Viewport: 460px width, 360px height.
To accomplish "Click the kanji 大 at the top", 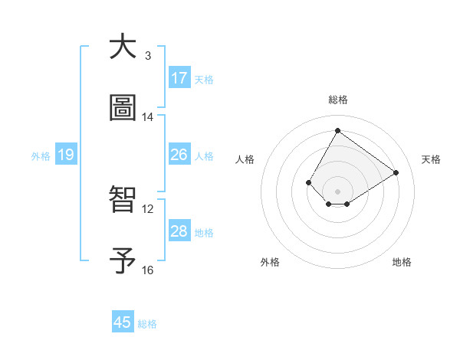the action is click(x=123, y=47).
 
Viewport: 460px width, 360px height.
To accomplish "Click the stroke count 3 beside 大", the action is click(x=148, y=56).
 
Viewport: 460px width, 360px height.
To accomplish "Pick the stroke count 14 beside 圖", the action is click(x=148, y=117).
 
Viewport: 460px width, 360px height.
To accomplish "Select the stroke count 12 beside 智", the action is click(x=148, y=208).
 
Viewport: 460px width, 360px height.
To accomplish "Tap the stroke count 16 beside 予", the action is click(x=148, y=270).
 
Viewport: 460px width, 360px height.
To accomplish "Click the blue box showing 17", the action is click(x=179, y=78).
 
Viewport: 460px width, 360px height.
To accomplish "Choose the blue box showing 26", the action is click(x=179, y=155).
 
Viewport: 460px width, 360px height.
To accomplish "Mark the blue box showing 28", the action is click(x=179, y=231).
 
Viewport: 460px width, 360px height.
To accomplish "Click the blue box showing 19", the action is click(x=65, y=155).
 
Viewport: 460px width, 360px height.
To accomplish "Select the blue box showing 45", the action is click(x=123, y=322).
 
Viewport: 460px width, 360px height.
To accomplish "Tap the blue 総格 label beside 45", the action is click(x=147, y=324).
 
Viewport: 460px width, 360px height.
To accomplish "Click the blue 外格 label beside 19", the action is click(x=41, y=155).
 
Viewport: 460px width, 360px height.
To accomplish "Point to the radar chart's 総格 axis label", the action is click(x=337, y=100).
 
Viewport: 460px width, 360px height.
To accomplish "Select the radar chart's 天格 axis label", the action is click(x=431, y=159).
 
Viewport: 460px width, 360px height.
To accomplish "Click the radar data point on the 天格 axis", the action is click(x=396, y=172).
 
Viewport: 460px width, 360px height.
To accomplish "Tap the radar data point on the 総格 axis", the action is click(x=337, y=130).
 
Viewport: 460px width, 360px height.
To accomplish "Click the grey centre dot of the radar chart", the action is click(x=337, y=191).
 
